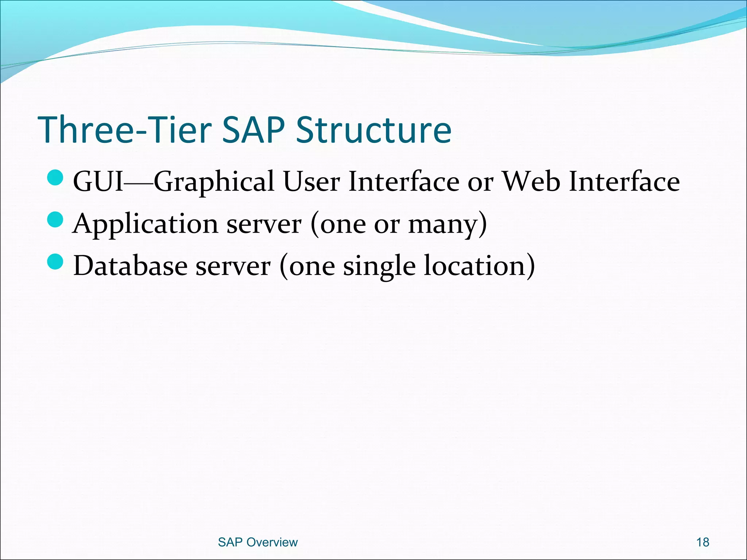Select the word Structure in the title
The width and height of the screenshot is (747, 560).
point(373,130)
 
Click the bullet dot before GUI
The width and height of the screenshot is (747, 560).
point(55,178)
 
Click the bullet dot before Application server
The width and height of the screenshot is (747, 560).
point(55,220)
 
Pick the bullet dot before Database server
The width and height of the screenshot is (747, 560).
point(55,262)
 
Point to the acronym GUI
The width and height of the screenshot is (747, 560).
point(98,182)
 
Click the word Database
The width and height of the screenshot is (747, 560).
point(130,266)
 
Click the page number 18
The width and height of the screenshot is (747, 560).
point(703,542)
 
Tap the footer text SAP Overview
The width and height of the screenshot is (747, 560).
point(258,542)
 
